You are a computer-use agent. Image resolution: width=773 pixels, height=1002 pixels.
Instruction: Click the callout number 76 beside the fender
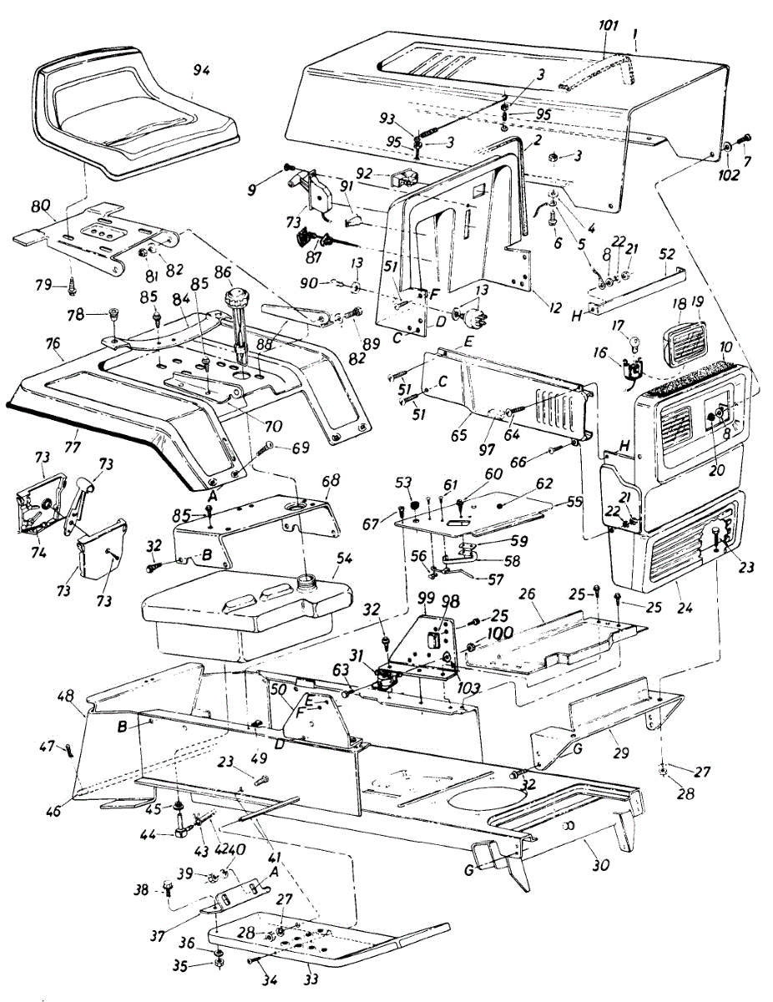click(x=54, y=344)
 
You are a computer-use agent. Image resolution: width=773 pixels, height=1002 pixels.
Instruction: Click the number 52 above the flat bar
click(x=666, y=254)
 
